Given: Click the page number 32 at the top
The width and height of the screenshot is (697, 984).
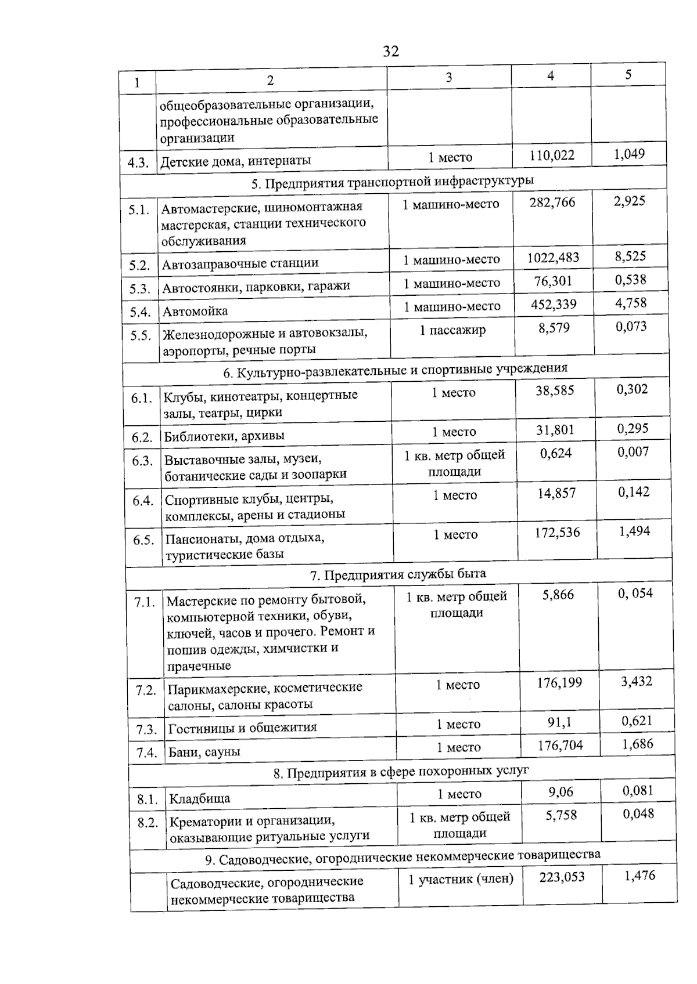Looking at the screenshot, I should click(391, 51).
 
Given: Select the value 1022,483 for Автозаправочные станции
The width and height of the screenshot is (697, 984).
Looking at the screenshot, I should click(552, 258).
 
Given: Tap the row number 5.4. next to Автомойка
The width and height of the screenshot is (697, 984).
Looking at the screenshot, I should click(140, 312).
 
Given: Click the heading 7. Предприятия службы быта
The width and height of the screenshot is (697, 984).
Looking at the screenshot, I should click(398, 575).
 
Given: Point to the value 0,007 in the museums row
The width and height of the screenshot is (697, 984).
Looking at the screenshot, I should click(633, 452).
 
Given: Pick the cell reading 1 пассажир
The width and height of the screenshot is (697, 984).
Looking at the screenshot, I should click(452, 330).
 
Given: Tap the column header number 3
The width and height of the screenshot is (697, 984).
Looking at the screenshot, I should click(448, 77).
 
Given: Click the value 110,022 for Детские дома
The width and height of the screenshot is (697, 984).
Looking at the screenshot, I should click(552, 155).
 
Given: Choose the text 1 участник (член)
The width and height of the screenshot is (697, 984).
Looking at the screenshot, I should click(461, 880).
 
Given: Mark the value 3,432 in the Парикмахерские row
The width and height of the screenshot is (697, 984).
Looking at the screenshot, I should click(636, 681).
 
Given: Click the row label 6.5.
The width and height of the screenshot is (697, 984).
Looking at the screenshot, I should click(143, 540).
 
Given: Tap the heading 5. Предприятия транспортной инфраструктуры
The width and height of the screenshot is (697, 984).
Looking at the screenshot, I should click(392, 182).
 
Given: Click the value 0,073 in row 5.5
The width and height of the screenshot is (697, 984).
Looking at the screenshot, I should click(631, 327).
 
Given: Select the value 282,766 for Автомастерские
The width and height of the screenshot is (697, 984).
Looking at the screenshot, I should click(552, 202).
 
